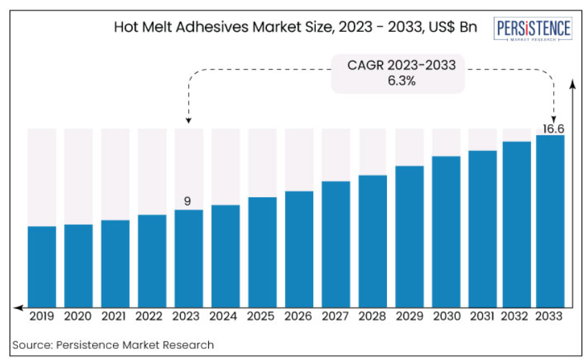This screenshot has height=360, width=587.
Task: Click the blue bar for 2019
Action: [x=42, y=266]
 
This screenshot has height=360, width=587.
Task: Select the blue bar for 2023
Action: [x=189, y=257]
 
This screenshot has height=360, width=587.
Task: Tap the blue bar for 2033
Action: [x=550, y=220]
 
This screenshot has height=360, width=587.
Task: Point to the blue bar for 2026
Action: [x=299, y=248]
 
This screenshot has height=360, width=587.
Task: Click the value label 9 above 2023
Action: [x=187, y=201]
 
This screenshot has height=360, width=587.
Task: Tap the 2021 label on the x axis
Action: [x=115, y=316]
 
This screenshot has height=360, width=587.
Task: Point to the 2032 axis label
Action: [x=517, y=316]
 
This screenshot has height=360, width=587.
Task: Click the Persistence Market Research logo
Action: [x=534, y=30]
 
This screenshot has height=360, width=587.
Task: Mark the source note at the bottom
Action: [x=113, y=344]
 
